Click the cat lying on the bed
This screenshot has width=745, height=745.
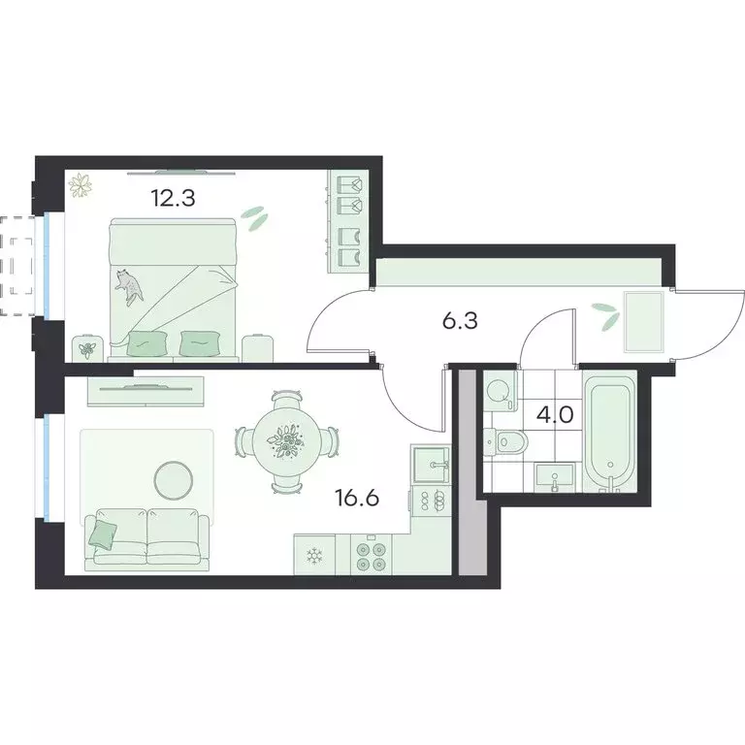[128, 282]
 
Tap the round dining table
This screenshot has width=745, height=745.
[286, 441]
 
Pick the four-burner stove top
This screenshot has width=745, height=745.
[372, 555]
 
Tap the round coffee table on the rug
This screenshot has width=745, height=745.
[175, 477]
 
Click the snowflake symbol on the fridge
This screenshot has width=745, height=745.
[313, 556]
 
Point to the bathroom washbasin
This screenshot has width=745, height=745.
[555, 476]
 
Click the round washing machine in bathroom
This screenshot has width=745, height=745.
[500, 390]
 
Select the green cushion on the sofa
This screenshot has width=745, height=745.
[102, 532]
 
